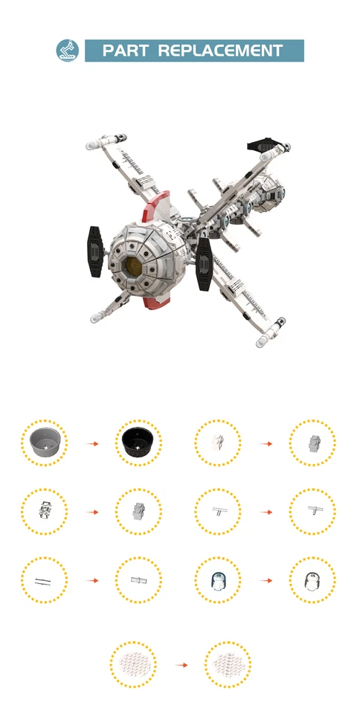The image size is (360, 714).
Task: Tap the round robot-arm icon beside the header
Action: tap(67, 51)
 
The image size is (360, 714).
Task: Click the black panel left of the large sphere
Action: tap(95, 251)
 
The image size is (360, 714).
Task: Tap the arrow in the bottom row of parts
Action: tap(181, 664)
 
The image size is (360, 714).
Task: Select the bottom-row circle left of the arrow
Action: tap(133, 664)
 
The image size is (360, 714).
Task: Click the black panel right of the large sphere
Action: tap(205, 266)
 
